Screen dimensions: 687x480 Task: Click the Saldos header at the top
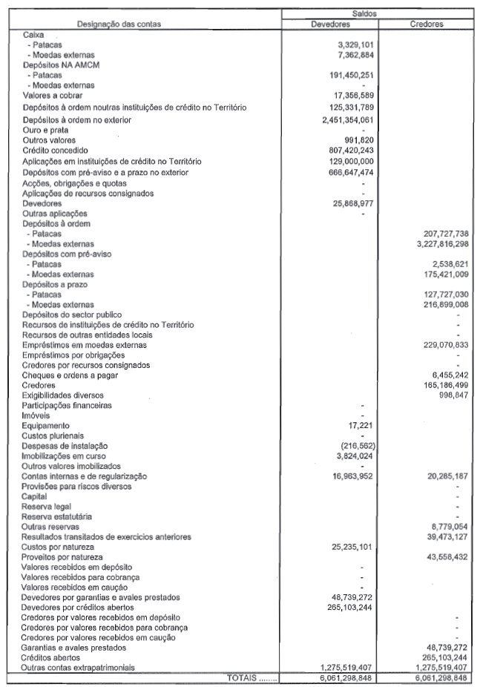(381, 12)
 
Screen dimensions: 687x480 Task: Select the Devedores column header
(335, 24)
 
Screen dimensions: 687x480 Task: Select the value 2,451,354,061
(343, 119)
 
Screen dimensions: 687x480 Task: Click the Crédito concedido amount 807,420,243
(349, 151)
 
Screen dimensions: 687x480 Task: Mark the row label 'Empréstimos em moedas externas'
(85, 345)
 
